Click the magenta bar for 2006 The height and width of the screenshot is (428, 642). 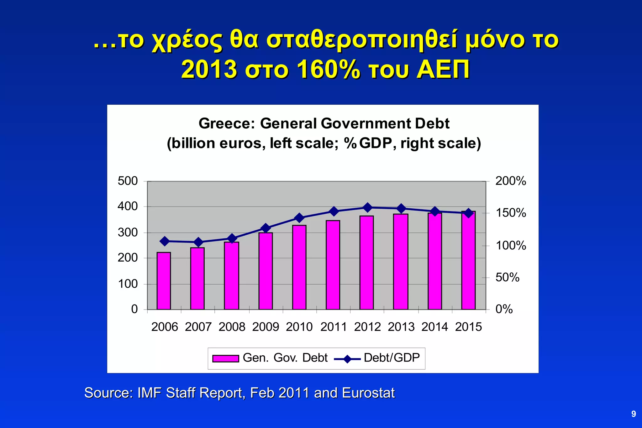tap(164, 281)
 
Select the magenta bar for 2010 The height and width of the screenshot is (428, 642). tap(299, 267)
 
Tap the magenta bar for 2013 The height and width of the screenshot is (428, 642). tap(401, 262)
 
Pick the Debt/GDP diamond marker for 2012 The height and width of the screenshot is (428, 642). tap(367, 207)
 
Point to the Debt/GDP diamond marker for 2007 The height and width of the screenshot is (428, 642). tap(198, 242)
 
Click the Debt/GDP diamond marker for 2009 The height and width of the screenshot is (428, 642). tap(266, 228)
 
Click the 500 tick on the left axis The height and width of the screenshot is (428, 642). tap(128, 181)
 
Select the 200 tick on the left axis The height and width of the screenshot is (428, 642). tap(128, 258)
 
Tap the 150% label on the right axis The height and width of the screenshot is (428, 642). tap(511, 213)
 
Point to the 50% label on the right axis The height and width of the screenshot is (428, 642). tap(507, 277)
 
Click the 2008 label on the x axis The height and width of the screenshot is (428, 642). tap(232, 327)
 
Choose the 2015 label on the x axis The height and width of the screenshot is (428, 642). tap(468, 327)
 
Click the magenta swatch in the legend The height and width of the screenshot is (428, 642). tap(225, 358)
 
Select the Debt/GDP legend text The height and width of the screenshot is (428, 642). tap(392, 358)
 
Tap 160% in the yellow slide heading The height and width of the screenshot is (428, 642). tap(328, 70)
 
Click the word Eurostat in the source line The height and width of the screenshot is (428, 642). tap(368, 393)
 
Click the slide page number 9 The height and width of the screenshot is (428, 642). tap(634, 414)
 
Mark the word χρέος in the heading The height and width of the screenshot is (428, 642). tap(187, 41)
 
